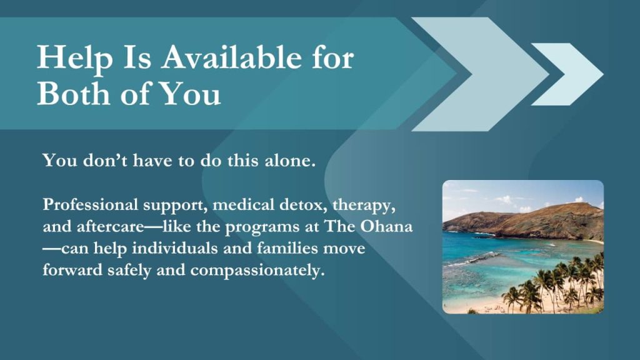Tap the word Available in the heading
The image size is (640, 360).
[231, 57]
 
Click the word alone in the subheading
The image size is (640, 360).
[290, 160]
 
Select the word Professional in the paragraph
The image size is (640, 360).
[90, 205]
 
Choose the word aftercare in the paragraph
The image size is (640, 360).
[110, 226]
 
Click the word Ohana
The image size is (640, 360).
[386, 226]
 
